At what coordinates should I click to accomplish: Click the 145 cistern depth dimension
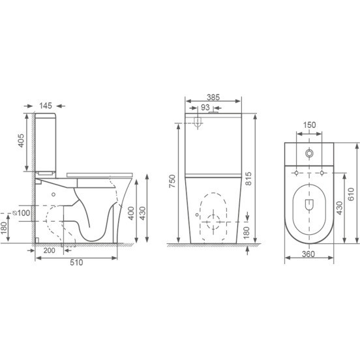coord(46,106)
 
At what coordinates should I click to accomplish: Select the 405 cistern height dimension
coord(21,141)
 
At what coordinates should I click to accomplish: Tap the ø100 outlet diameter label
coord(22,213)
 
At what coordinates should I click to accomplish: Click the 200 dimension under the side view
coord(50,250)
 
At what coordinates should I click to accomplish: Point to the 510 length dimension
coord(76,262)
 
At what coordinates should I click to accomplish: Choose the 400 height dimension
coord(131,213)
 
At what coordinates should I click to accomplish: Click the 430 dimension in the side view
coord(143,213)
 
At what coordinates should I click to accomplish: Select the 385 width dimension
coord(213,97)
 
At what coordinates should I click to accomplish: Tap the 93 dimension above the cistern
coord(205,107)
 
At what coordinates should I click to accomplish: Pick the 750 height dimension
coord(172,181)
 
